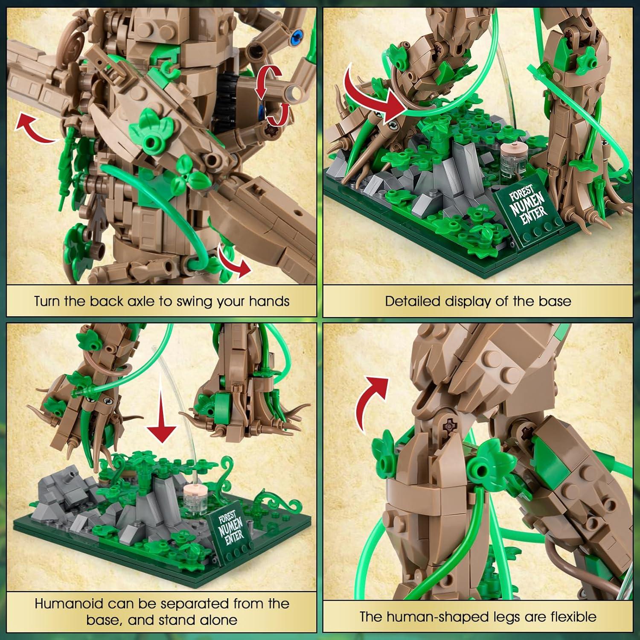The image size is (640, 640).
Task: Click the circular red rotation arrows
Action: pyautogui.click(x=273, y=98)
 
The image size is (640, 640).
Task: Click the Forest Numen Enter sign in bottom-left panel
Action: pyautogui.click(x=231, y=529)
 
